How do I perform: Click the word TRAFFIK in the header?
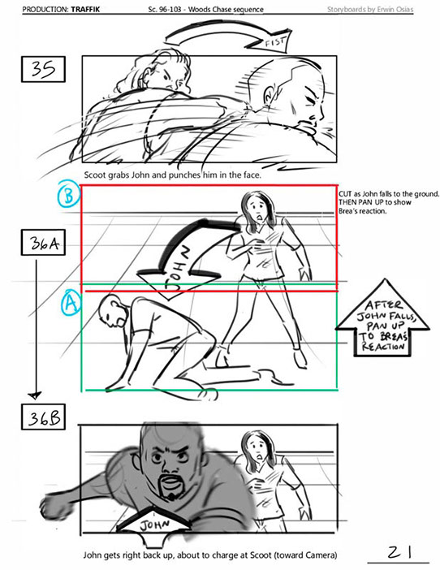click(85, 9)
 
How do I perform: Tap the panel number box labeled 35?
click(43, 69)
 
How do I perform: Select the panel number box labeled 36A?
click(43, 243)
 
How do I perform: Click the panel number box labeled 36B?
click(43, 417)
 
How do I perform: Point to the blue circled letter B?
click(69, 196)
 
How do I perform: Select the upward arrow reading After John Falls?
click(382, 318)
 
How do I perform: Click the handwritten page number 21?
click(399, 552)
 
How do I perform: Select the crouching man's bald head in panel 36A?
click(111, 309)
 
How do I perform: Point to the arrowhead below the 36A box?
click(35, 395)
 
